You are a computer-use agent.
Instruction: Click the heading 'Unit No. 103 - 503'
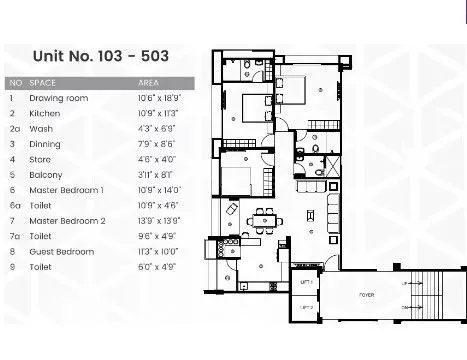pyautogui.click(x=99, y=57)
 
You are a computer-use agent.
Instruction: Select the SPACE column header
pyautogui.click(x=43, y=82)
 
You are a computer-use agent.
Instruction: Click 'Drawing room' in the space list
pyautogui.click(x=59, y=98)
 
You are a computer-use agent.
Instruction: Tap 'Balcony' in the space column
pyautogui.click(x=46, y=174)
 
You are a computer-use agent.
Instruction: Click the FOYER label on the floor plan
pyautogui.click(x=367, y=294)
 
